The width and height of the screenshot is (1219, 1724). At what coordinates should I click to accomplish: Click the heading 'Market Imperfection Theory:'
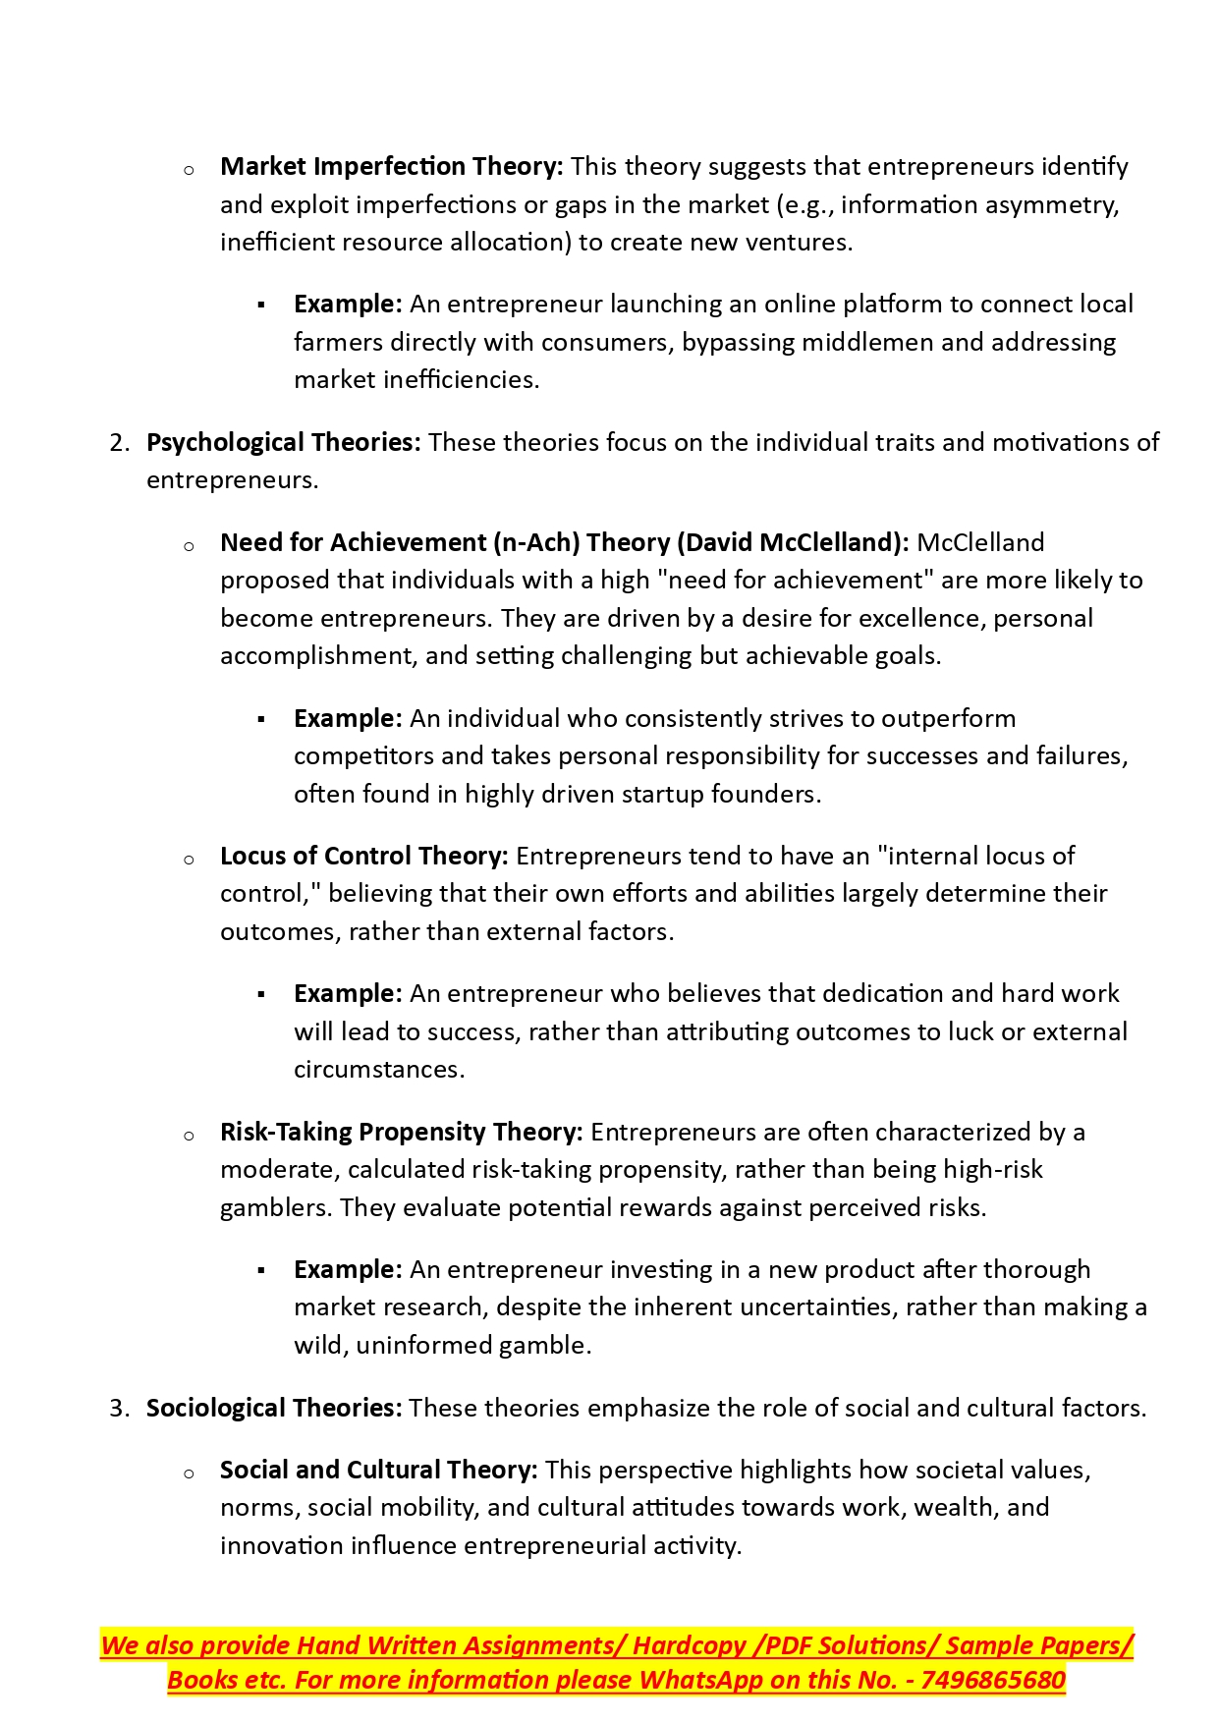pos(391,167)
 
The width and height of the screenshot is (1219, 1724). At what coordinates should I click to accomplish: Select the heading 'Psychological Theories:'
pos(283,443)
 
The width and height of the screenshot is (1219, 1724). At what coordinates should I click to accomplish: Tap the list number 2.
pos(119,443)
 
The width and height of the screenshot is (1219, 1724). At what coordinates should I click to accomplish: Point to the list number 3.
pos(119,1409)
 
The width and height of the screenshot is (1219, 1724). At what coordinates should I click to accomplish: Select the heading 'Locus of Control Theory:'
pos(363,857)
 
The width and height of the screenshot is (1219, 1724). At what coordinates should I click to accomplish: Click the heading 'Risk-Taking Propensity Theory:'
pos(401,1133)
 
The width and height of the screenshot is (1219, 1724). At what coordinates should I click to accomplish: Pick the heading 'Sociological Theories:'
pos(274,1409)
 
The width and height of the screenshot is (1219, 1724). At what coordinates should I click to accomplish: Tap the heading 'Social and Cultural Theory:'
pos(378,1471)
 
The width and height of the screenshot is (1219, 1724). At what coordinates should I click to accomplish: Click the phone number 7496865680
pos(993,1681)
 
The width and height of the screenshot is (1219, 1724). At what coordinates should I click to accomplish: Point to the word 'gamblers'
pos(276,1208)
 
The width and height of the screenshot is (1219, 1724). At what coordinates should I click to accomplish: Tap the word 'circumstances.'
pos(378,1070)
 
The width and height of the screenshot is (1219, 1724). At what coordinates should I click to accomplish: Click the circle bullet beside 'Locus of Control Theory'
pos(189,860)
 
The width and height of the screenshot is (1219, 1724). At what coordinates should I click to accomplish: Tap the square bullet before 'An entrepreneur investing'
pos(261,1271)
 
